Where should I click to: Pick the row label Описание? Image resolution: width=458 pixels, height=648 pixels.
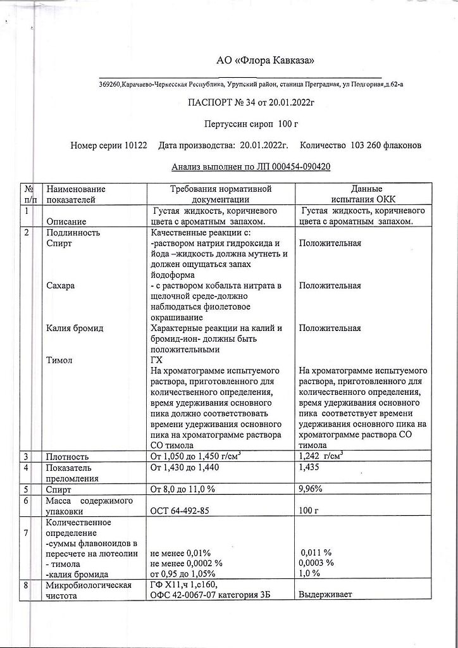67,222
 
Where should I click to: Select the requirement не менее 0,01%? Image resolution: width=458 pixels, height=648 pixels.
181,552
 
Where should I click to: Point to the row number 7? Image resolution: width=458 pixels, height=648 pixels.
27,533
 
